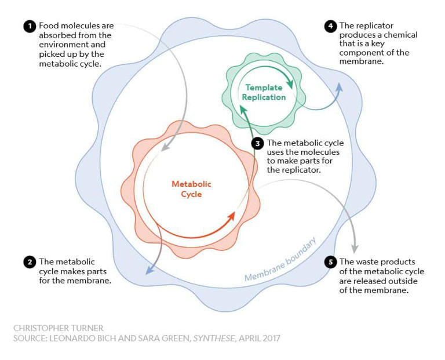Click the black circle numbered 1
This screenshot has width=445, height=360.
click(29, 27)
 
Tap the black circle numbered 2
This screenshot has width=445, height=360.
click(29, 262)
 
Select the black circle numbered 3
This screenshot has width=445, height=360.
click(257, 143)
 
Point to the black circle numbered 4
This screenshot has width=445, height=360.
click(330, 27)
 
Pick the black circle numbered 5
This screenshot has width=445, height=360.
click(330, 262)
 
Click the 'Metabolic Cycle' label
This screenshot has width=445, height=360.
click(191, 189)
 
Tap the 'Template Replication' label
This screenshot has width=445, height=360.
click(264, 92)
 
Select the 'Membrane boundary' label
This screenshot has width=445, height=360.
click(280, 260)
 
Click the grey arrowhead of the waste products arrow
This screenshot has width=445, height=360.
click(355, 248)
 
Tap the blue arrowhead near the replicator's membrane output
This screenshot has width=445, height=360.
click(340, 86)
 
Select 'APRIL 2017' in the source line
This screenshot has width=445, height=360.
click(258, 338)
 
